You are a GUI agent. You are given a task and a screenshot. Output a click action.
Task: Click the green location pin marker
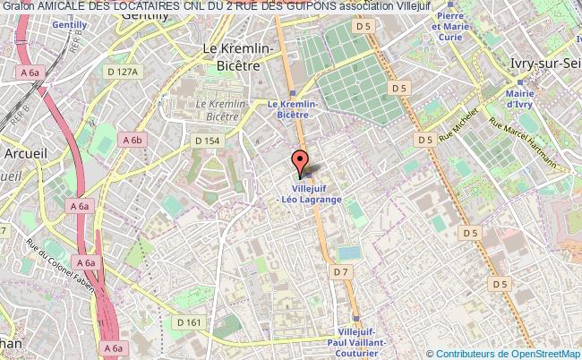299,162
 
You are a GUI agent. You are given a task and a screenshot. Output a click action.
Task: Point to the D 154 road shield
208,140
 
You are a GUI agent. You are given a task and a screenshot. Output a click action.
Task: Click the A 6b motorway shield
133,140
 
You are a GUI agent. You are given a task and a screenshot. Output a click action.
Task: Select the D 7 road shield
339,270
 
